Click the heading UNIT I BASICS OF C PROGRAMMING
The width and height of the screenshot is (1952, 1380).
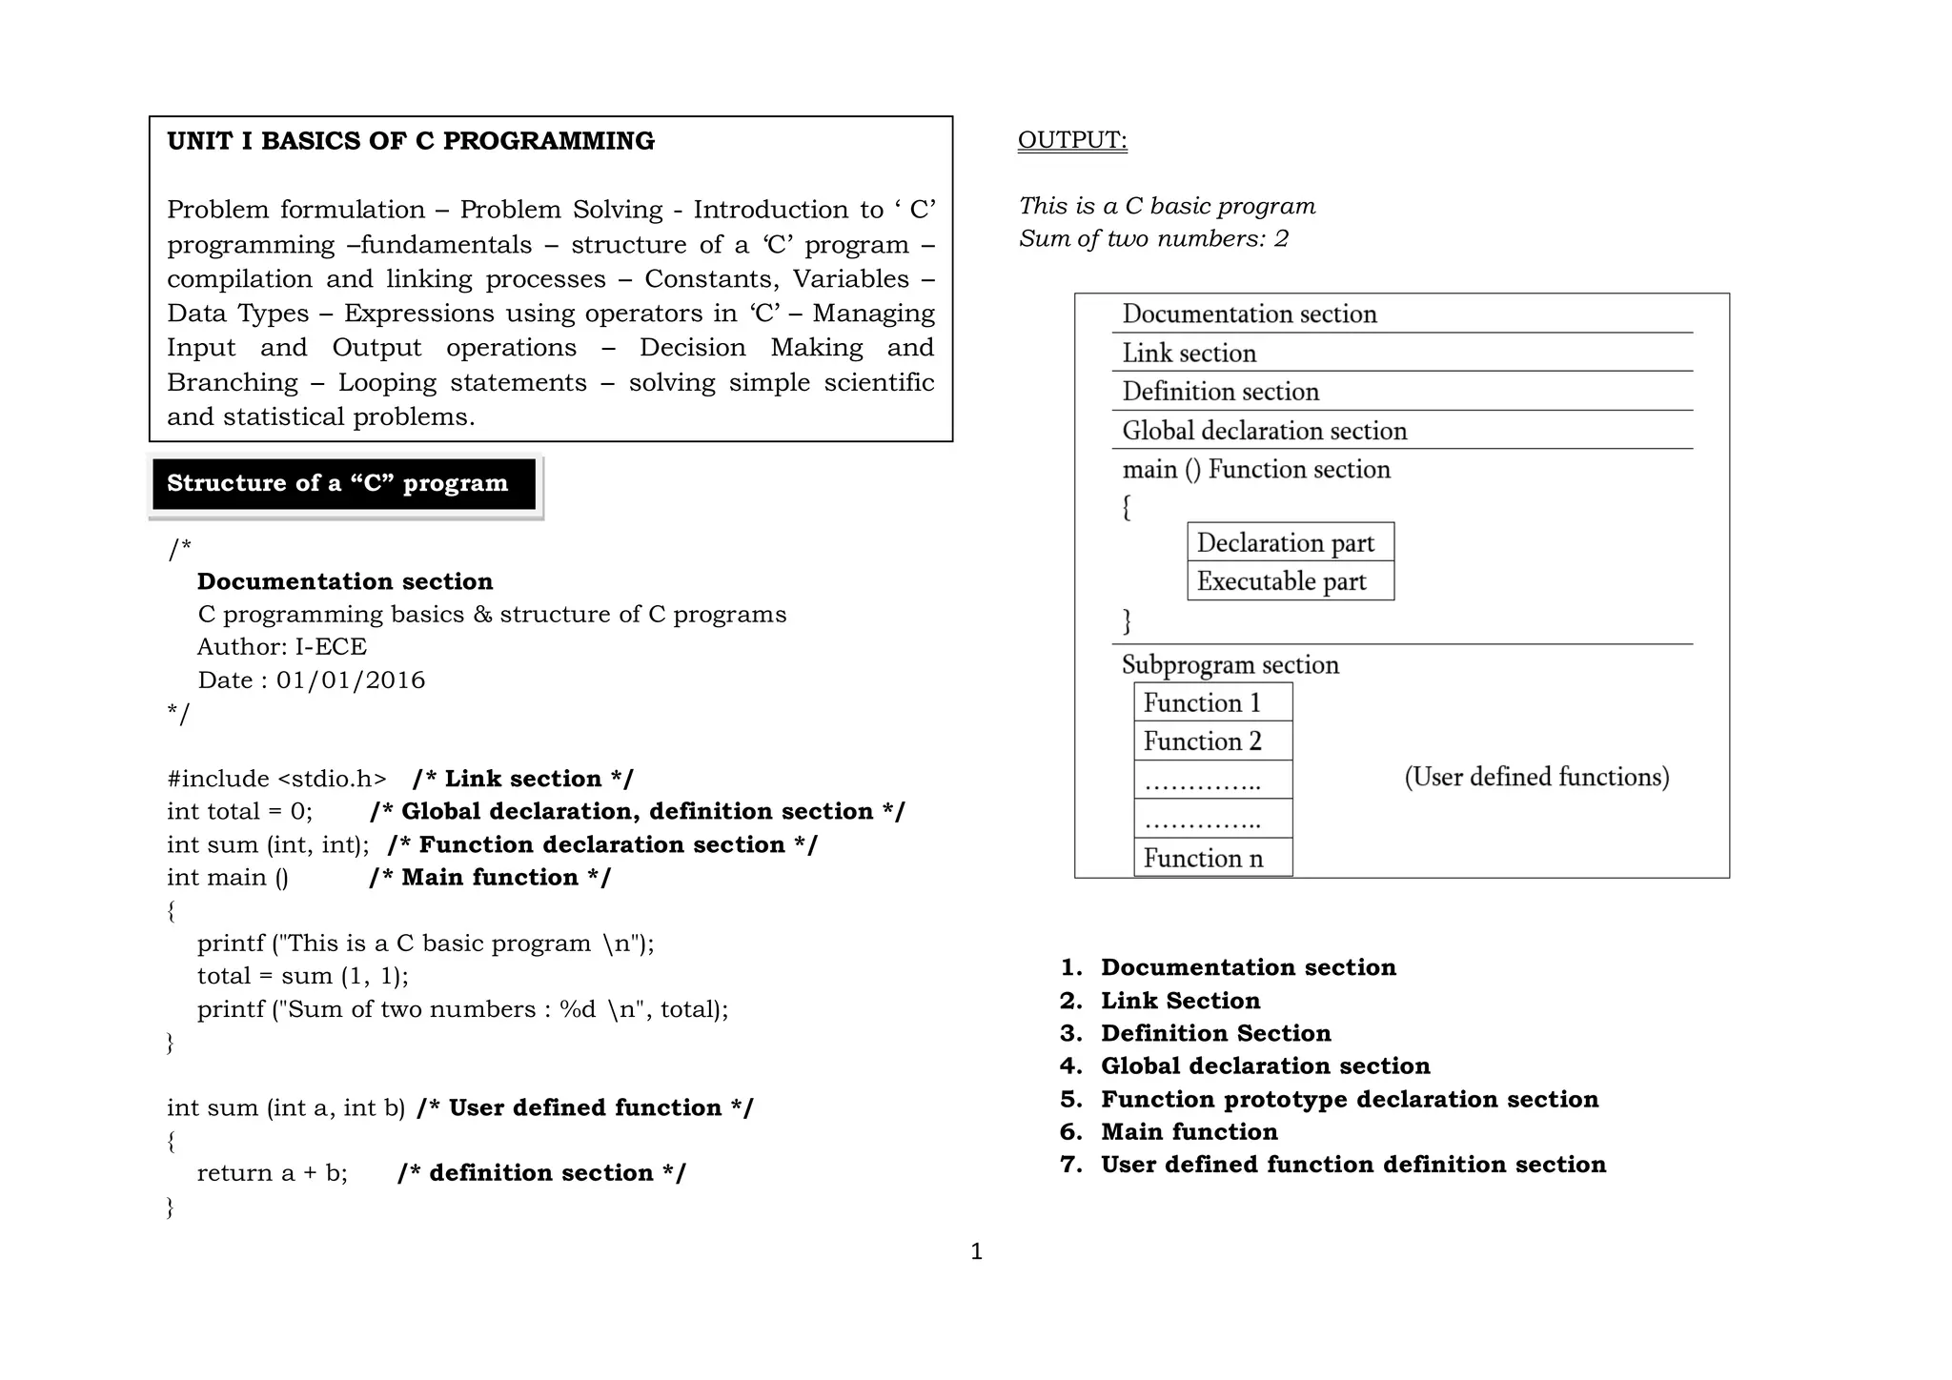(x=411, y=141)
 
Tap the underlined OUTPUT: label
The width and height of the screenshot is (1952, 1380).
(x=1072, y=140)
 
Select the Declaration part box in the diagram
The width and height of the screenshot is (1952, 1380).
(x=1290, y=542)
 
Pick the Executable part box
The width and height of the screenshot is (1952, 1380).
(x=1290, y=581)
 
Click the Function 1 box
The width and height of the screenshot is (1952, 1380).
(x=1212, y=703)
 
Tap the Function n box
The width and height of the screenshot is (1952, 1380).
(x=1212, y=859)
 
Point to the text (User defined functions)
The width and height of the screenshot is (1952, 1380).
(x=1536, y=777)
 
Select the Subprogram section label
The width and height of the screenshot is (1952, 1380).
(x=1230, y=664)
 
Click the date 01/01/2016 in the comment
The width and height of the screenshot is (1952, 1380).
(x=351, y=680)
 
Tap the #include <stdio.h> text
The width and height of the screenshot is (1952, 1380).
(x=276, y=779)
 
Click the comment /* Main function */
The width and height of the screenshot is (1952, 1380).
(x=490, y=878)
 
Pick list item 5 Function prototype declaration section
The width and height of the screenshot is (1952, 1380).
(x=1349, y=1100)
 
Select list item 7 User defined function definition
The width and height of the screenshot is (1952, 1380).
(x=1352, y=1165)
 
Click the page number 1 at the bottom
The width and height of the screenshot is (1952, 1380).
(x=976, y=1251)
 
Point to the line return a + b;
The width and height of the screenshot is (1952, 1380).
(x=272, y=1173)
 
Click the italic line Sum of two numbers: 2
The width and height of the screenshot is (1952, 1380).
(x=1153, y=238)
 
